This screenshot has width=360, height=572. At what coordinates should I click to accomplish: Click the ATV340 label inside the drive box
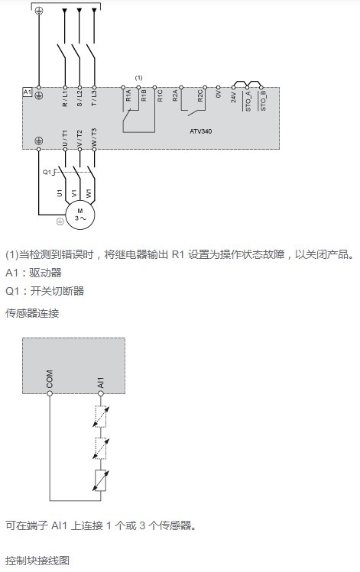point(200,131)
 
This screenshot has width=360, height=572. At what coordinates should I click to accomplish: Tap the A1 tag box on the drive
point(28,92)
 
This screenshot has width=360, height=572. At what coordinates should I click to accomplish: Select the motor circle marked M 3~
point(80,215)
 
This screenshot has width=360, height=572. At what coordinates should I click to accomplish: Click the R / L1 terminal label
point(65,99)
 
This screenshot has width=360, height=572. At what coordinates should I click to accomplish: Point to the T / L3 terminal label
point(94,99)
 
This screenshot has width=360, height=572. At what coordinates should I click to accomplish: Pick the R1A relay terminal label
point(128,96)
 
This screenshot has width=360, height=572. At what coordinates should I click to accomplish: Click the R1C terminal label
point(160,96)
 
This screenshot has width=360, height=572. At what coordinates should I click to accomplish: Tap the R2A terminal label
point(175,96)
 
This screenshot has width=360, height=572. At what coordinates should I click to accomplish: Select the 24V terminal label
point(234,97)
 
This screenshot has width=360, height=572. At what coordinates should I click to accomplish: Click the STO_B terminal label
point(263,100)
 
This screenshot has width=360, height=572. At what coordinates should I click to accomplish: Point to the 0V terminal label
point(219,94)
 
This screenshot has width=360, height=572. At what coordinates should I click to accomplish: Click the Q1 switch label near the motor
point(47,172)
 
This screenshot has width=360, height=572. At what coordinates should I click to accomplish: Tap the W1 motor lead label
point(89,193)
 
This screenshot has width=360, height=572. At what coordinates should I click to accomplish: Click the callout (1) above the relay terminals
point(139,78)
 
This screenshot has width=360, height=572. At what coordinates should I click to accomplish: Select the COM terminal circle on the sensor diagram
point(50,393)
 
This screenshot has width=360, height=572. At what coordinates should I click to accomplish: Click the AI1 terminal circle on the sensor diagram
point(101,393)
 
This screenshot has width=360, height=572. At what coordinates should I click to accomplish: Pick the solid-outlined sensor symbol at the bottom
point(101,481)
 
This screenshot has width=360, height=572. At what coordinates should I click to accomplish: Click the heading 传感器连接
point(32,313)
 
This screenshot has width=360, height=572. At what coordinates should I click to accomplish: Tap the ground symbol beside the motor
point(60,221)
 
